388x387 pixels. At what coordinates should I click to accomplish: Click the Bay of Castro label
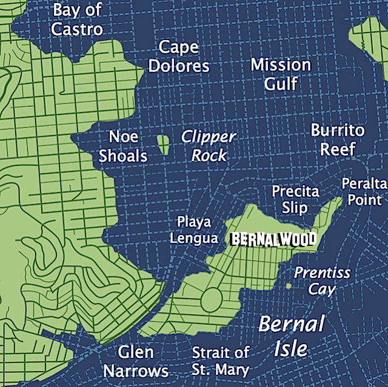pyautogui.click(x=77, y=19)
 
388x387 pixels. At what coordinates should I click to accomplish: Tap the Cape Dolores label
pyautogui.click(x=179, y=57)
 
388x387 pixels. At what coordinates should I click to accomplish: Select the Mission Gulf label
pyautogui.click(x=281, y=74)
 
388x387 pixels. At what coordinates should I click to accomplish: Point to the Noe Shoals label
pyautogui.click(x=123, y=146)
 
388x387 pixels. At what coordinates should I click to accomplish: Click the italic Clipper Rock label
pyautogui.click(x=209, y=146)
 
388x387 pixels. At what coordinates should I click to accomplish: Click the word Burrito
pyautogui.click(x=338, y=130)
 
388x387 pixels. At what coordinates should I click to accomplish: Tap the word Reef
pyautogui.click(x=338, y=150)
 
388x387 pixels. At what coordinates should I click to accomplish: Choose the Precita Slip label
pyautogui.click(x=295, y=200)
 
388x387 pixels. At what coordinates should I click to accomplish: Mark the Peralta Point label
pyautogui.click(x=363, y=191)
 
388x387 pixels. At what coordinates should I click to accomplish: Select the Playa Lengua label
pyautogui.click(x=193, y=230)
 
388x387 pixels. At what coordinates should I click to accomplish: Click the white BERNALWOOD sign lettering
pyautogui.click(x=273, y=239)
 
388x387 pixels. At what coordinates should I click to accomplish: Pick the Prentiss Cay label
pyautogui.click(x=322, y=280)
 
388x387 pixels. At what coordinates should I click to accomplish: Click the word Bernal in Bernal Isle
pyautogui.click(x=292, y=324)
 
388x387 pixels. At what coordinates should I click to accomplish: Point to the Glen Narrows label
pyautogui.click(x=136, y=361)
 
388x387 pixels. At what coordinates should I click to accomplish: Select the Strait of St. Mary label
pyautogui.click(x=221, y=361)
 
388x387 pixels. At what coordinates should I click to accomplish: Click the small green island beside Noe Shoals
pyautogui.click(x=162, y=144)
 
